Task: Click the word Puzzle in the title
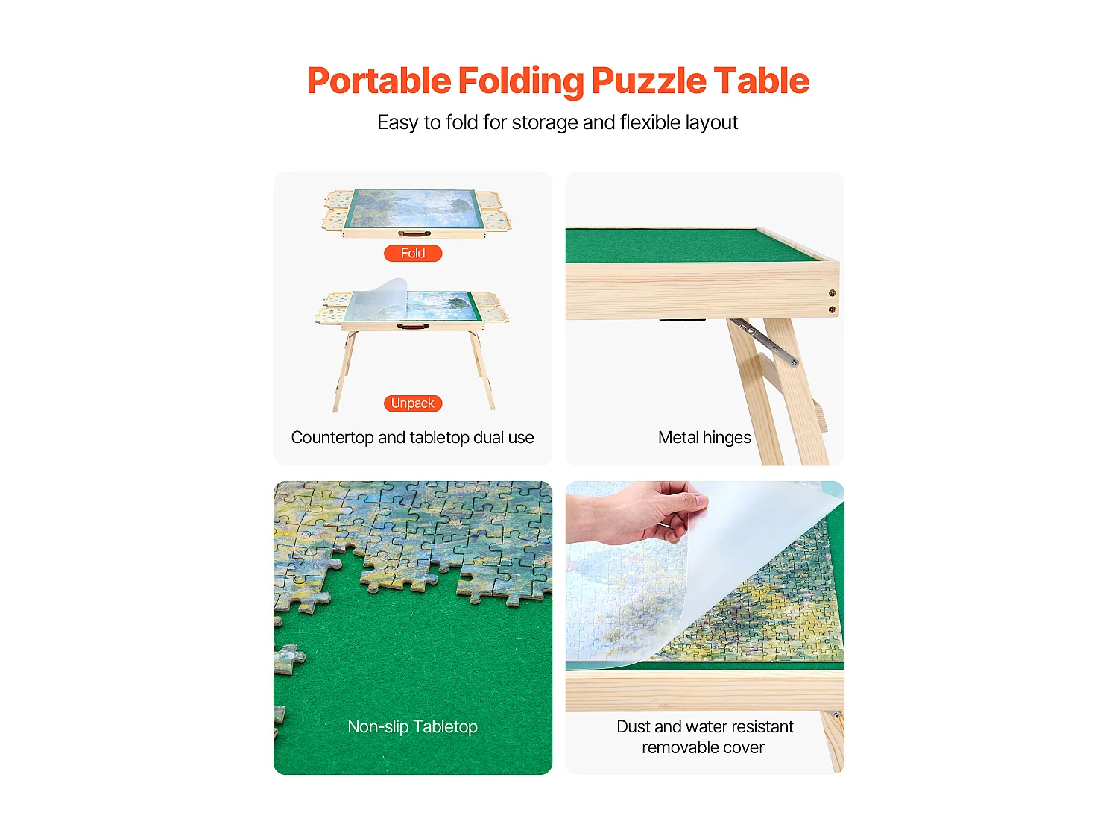[x=648, y=81]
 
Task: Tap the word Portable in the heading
[x=379, y=81]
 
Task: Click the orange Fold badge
[x=413, y=254]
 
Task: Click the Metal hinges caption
[x=704, y=438]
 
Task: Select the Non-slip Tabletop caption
[x=412, y=726]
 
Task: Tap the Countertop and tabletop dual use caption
[x=412, y=438]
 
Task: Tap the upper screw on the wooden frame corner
[x=833, y=293]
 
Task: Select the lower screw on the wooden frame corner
[x=833, y=309]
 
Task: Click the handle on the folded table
[x=414, y=234]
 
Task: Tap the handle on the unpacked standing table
[x=412, y=327]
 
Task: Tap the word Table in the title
[x=760, y=81]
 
